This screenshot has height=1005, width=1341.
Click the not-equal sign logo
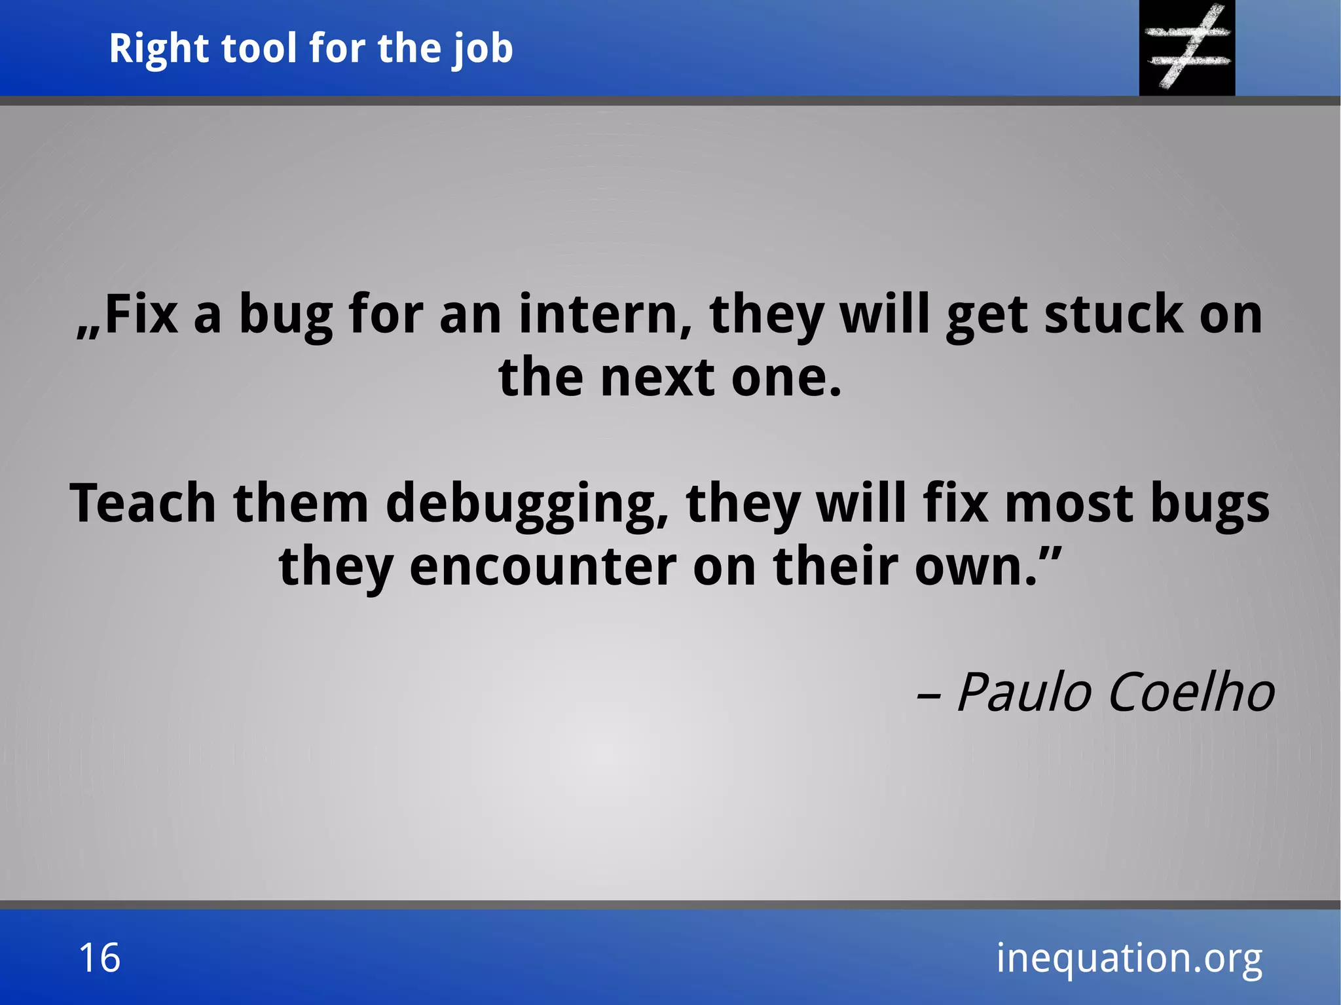[1187, 47]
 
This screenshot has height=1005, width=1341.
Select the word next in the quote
[657, 378]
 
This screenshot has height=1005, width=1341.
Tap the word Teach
[143, 503]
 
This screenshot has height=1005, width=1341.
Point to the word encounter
[543, 566]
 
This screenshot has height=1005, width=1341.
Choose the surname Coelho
[1192, 693]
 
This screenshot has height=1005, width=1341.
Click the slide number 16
[100, 958]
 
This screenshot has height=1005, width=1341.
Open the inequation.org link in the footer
[1129, 959]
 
